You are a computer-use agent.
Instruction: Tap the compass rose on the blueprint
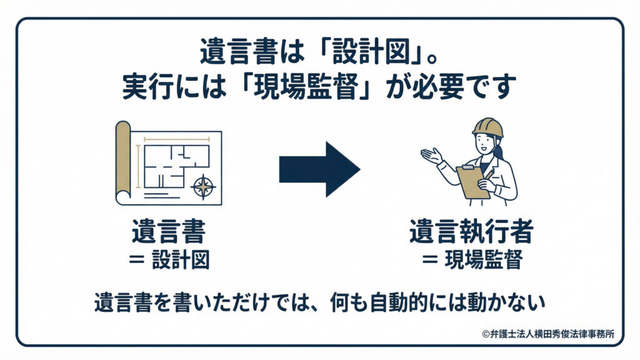click(203, 187)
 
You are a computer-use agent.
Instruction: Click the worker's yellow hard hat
click(487, 127)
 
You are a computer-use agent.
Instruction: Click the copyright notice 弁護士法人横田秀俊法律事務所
click(548, 334)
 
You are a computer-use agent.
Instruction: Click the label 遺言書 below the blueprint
click(169, 231)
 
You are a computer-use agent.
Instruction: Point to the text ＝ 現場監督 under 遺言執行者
click(472, 259)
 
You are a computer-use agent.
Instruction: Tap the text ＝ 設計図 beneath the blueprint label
click(169, 259)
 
